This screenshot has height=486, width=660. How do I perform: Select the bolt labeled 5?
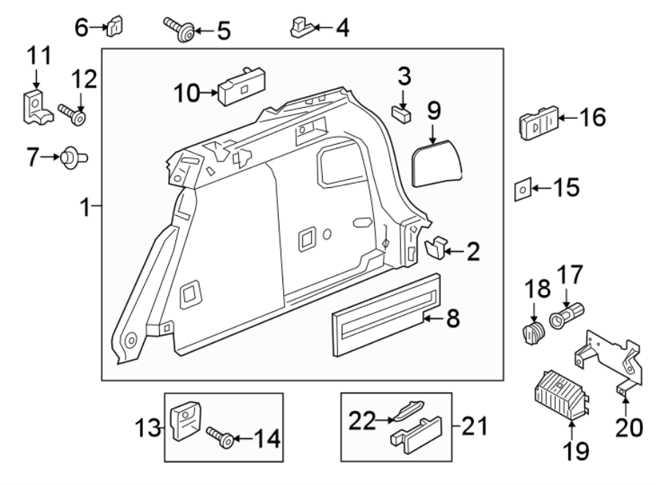(x=177, y=29)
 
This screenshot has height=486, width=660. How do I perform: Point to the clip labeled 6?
(x=114, y=26)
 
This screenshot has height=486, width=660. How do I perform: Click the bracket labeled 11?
(x=34, y=107)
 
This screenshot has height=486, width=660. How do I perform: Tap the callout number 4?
(x=342, y=29)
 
